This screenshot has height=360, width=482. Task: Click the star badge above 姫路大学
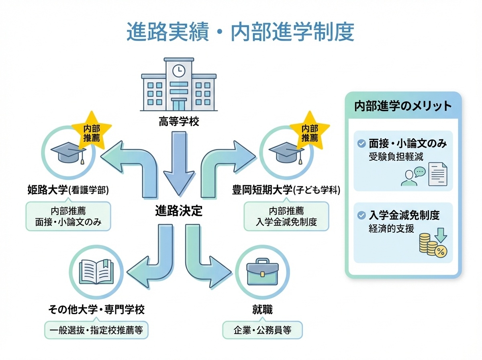coord(92,133)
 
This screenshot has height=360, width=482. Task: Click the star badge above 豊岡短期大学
coord(309,133)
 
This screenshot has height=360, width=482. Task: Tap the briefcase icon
coord(263,272)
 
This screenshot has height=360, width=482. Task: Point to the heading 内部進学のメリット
coord(403,106)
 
